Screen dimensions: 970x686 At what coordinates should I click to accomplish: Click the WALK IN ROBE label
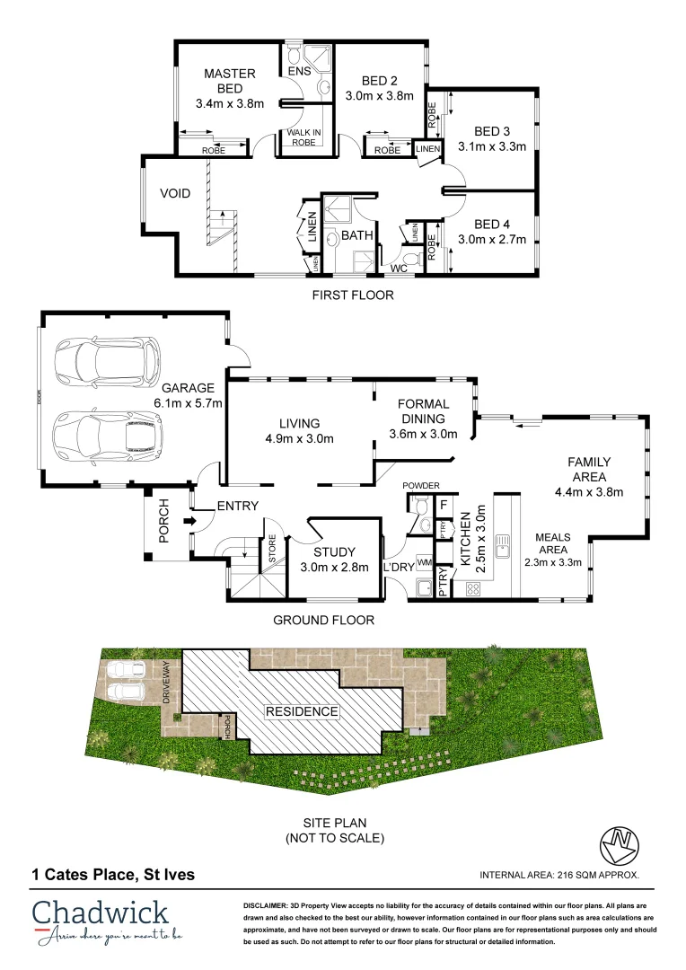click(x=303, y=137)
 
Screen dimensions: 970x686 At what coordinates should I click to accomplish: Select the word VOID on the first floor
click(x=175, y=193)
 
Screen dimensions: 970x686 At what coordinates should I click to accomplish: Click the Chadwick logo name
click(x=100, y=913)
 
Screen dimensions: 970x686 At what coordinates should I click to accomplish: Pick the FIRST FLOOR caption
click(x=352, y=295)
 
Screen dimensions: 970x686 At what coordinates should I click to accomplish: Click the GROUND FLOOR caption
click(x=323, y=620)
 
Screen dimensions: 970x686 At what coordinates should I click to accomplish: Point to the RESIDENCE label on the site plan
click(x=301, y=711)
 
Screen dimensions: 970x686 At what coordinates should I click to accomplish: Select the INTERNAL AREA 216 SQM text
click(x=558, y=874)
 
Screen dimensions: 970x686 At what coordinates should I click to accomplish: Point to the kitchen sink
click(x=506, y=542)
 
